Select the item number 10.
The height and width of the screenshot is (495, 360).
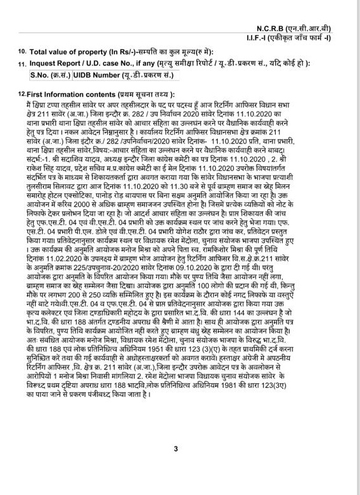click(22, 50)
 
